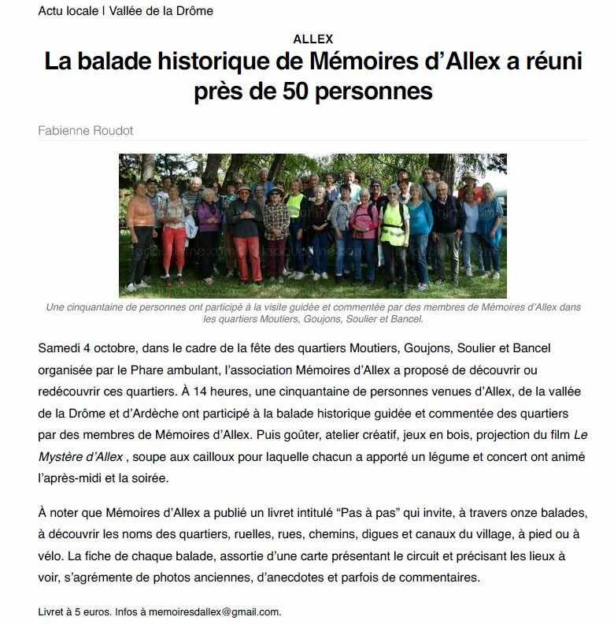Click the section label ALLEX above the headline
pos(313,39)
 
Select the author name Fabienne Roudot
pos(86,131)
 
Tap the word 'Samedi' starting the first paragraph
pos(60,347)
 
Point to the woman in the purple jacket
pos(209,221)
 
